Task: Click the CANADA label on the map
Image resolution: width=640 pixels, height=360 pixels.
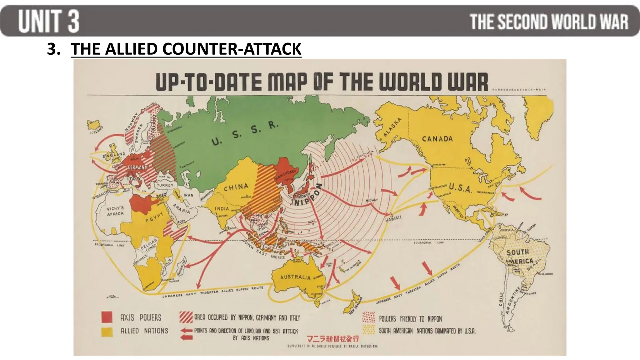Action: pos(437,139)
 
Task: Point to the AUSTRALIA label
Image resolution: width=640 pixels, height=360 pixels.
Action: pos(295,277)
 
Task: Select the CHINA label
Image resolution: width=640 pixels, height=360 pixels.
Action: pos(236,187)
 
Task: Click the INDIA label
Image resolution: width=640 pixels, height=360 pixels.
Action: pos(222,208)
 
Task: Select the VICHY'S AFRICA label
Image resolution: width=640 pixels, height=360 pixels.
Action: pos(115,211)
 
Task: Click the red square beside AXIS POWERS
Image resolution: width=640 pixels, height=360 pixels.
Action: pos(107,317)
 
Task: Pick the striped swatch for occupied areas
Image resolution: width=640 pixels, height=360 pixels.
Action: pos(186,317)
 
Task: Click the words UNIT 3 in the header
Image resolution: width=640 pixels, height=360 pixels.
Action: pos(48,21)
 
